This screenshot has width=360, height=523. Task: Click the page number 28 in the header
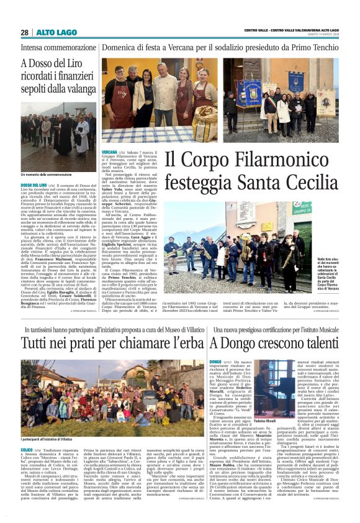(x=24, y=32)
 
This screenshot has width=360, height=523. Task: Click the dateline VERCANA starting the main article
(x=109, y=152)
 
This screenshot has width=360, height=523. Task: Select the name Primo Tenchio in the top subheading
(x=314, y=47)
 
